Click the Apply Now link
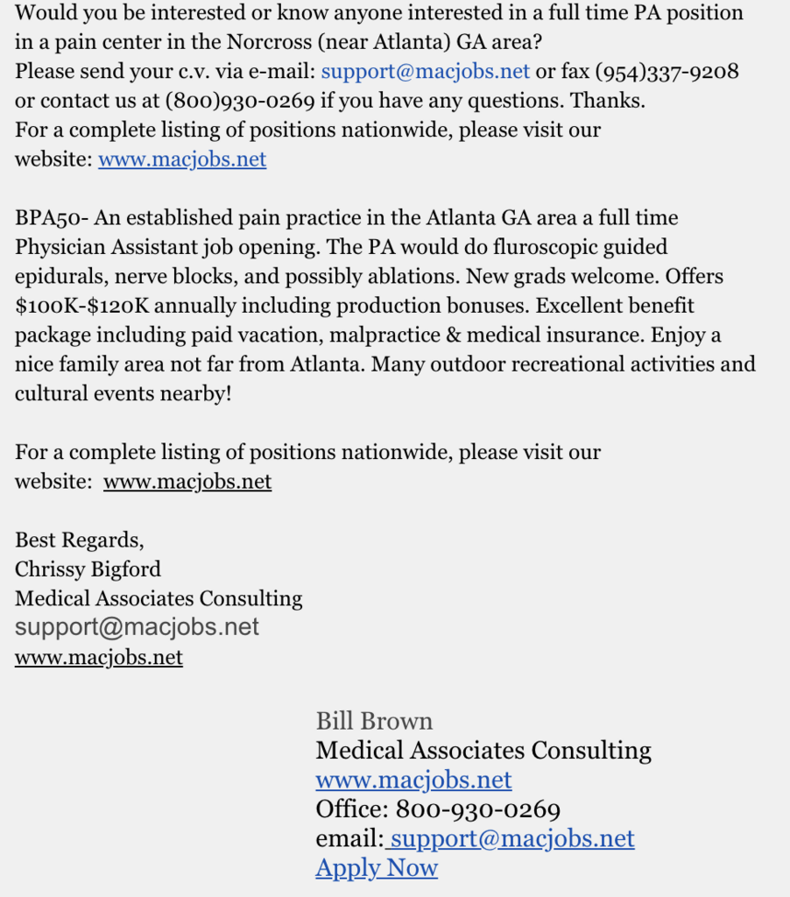click(x=377, y=868)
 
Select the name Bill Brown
click(x=374, y=721)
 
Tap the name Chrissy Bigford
click(x=88, y=569)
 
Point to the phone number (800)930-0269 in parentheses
click(x=239, y=101)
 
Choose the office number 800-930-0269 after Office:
click(x=477, y=809)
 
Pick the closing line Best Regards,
click(x=79, y=540)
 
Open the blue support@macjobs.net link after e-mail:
click(x=426, y=71)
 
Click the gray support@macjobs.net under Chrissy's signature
click(x=138, y=627)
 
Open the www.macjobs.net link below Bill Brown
click(x=413, y=780)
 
